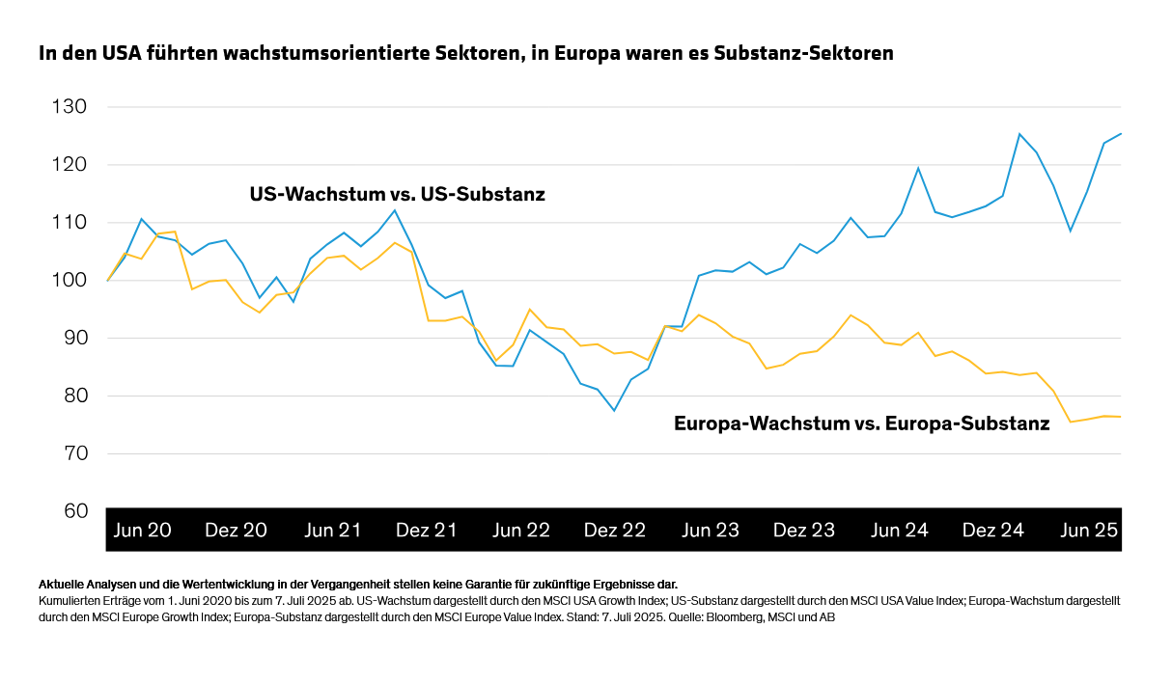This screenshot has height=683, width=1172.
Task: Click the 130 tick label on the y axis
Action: (69, 106)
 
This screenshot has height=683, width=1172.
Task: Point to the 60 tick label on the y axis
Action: (69, 511)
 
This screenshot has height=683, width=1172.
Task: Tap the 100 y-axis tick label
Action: (69, 280)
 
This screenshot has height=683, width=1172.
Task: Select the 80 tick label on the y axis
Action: (69, 396)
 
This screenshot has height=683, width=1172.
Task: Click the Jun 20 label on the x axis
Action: (143, 531)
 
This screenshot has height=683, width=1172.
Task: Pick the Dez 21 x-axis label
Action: (427, 531)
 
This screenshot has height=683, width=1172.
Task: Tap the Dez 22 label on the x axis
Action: (615, 531)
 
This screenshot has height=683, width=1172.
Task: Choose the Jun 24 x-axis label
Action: (900, 531)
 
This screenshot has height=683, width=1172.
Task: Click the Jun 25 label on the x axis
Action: (1089, 531)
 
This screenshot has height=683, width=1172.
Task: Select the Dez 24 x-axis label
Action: (993, 531)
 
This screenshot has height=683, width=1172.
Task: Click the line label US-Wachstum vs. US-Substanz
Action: (397, 195)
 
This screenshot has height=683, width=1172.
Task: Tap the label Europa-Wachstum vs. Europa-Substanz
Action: (861, 423)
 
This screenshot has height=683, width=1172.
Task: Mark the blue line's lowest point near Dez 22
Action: (614, 411)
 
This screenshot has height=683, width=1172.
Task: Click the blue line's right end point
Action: (1121, 134)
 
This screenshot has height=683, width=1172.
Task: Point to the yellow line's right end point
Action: (1121, 417)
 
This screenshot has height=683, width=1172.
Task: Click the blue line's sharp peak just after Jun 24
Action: (917, 168)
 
